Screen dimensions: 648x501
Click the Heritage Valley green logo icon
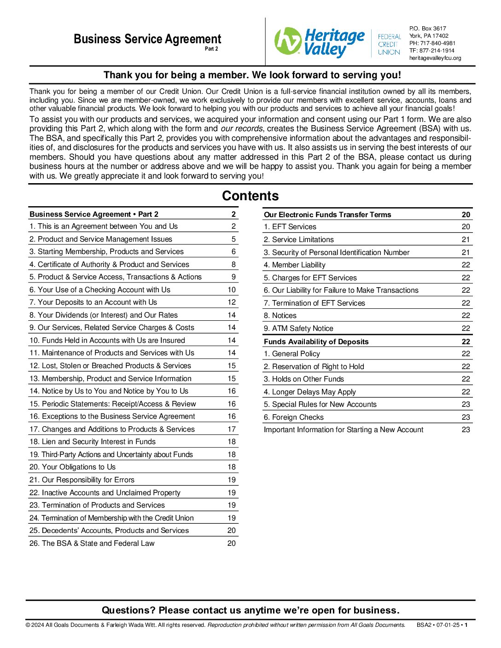[288, 41]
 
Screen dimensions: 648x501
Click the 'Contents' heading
[250, 196]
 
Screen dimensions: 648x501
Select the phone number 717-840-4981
[437, 43]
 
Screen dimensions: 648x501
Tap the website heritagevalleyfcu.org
[435, 58]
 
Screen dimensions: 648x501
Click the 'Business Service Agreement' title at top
[147, 39]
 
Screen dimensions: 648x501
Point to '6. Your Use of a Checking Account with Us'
[99, 289]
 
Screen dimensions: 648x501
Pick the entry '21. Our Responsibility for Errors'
[82, 480]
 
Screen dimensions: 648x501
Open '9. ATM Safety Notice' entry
[298, 328]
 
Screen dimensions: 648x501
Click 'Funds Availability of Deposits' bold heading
[316, 341]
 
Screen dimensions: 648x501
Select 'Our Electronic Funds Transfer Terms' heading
[327, 214]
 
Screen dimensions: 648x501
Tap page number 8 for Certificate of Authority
[233, 264]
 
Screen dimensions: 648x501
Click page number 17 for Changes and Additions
[232, 429]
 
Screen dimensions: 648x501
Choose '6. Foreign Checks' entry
[294, 417]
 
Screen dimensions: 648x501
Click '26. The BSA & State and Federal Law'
[92, 543]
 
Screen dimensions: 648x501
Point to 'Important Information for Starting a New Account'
[344, 429]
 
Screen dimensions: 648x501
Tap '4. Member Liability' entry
[295, 265]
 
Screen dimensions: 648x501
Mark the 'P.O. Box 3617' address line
[428, 29]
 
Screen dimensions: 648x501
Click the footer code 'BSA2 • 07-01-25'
[438, 625]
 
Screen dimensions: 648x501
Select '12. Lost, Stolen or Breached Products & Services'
[110, 365]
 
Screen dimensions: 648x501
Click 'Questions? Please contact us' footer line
[250, 610]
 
